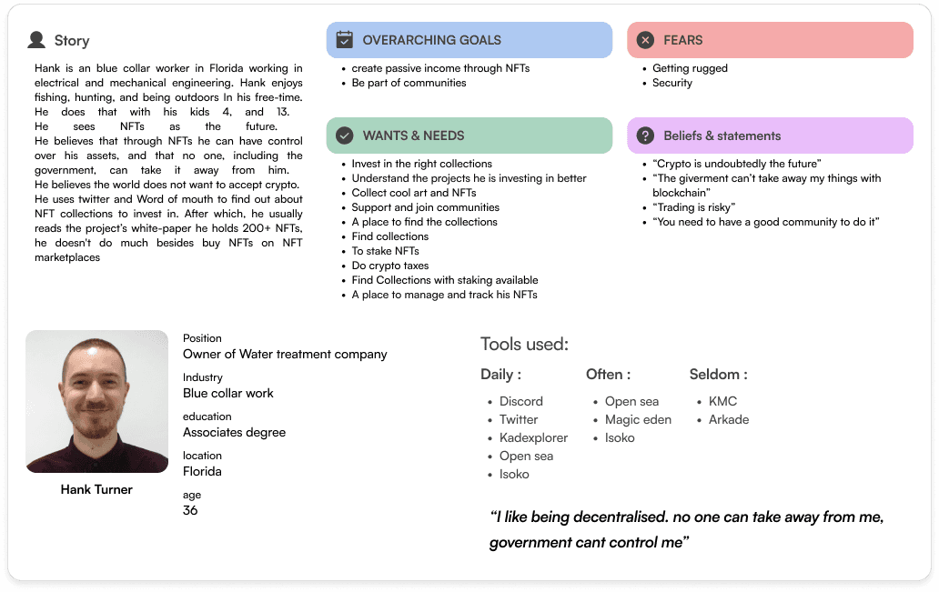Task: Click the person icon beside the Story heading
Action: (36, 40)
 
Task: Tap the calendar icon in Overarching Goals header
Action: (344, 40)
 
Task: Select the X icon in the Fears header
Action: (645, 40)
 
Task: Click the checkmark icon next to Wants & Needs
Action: (344, 135)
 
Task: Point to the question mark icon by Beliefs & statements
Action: (645, 135)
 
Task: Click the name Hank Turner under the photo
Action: (96, 489)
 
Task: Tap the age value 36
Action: (190, 510)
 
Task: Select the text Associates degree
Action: (234, 432)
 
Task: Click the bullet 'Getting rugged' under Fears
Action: (690, 68)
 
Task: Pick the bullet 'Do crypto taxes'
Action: (389, 266)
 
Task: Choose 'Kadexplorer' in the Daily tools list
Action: (533, 437)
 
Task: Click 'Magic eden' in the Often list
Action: (638, 419)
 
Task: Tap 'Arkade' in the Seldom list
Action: (729, 419)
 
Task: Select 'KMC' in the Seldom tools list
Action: (722, 401)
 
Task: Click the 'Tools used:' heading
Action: (524, 344)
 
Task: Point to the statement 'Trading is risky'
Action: (694, 207)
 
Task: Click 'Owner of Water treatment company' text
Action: (285, 354)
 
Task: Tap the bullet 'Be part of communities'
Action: (409, 83)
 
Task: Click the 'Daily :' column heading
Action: (500, 374)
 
